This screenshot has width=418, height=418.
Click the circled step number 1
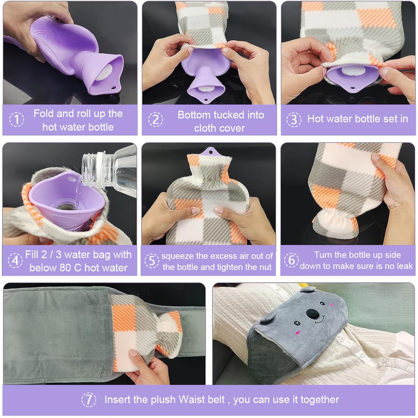(16, 120)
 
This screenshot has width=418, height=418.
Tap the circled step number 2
(156, 120)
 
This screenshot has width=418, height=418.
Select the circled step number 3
(294, 119)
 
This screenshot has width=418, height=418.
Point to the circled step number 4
(15, 261)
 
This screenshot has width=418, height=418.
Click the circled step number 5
(152, 261)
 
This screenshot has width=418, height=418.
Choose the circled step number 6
(291, 260)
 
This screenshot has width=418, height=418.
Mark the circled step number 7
(89, 400)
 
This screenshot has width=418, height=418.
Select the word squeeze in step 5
(177, 256)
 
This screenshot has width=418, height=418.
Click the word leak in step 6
(405, 266)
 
